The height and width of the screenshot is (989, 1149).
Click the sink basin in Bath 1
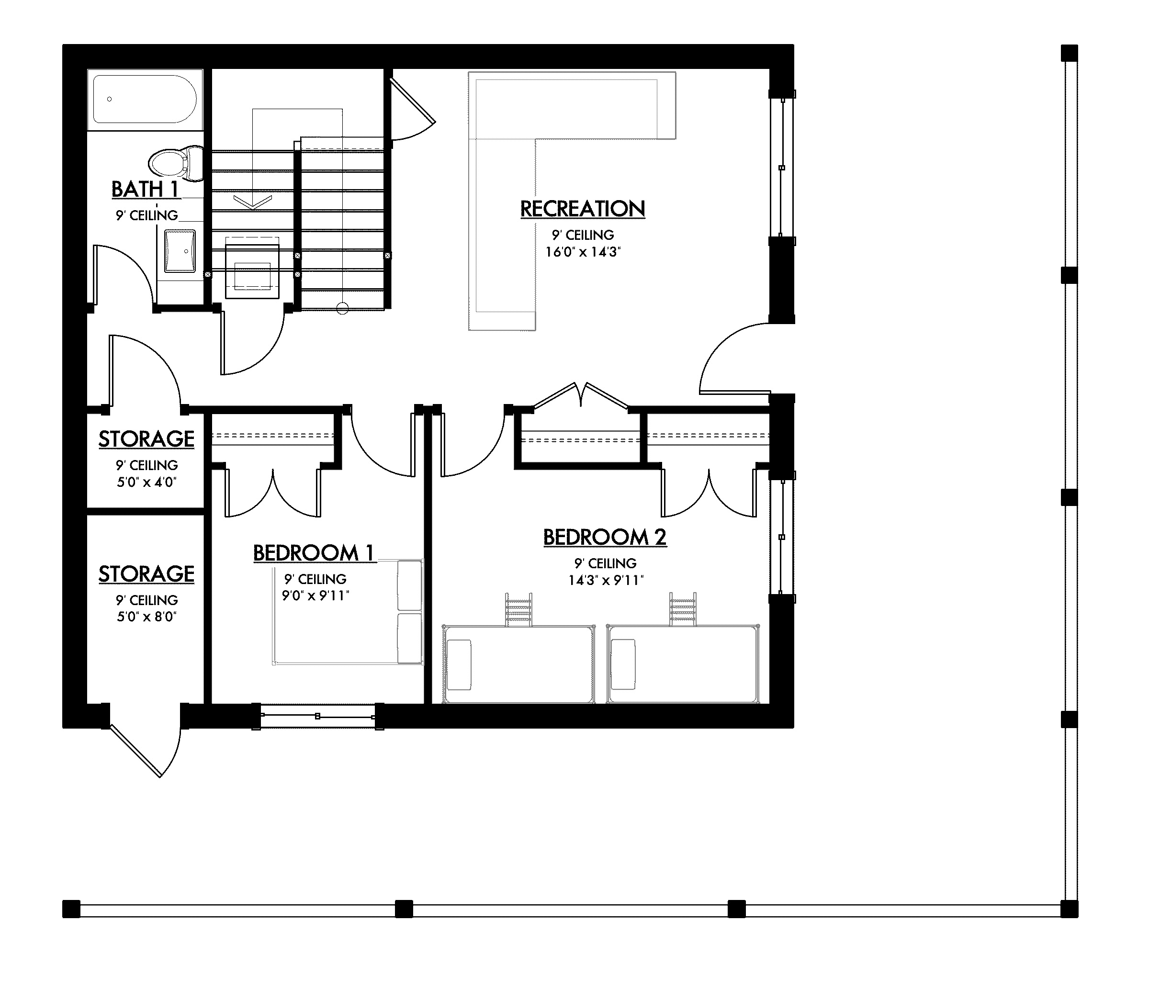[x=180, y=252]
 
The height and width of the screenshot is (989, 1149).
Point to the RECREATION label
[x=582, y=209]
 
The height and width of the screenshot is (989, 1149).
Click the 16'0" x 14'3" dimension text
[x=582, y=252]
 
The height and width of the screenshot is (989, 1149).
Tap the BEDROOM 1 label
[x=314, y=553]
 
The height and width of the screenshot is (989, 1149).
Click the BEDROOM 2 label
[x=605, y=537]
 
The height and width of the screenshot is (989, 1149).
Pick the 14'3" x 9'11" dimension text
[x=605, y=581]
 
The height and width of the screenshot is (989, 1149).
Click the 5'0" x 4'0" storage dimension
[x=146, y=483]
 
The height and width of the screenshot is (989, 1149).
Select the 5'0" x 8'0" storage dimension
[x=146, y=617]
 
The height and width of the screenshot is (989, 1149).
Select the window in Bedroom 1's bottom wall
[x=318, y=716]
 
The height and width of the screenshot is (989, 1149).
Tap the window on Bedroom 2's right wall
[x=782, y=537]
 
